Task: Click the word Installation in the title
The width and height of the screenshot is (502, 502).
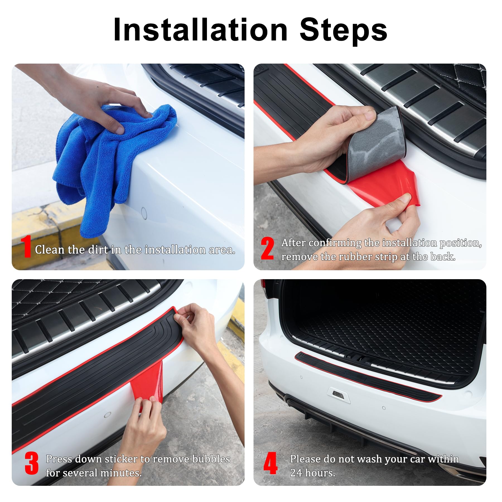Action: (200, 30)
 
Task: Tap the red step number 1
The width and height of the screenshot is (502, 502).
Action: (26, 247)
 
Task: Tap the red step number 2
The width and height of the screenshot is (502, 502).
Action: (267, 248)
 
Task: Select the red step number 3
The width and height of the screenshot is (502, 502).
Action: (31, 463)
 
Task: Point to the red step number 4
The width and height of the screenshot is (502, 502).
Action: (270, 463)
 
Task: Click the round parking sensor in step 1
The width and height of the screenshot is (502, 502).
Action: (144, 213)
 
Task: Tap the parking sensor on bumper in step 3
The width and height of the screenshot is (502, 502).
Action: (107, 415)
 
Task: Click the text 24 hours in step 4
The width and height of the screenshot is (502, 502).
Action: (312, 473)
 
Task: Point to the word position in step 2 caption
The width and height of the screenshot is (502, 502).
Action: (460, 243)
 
